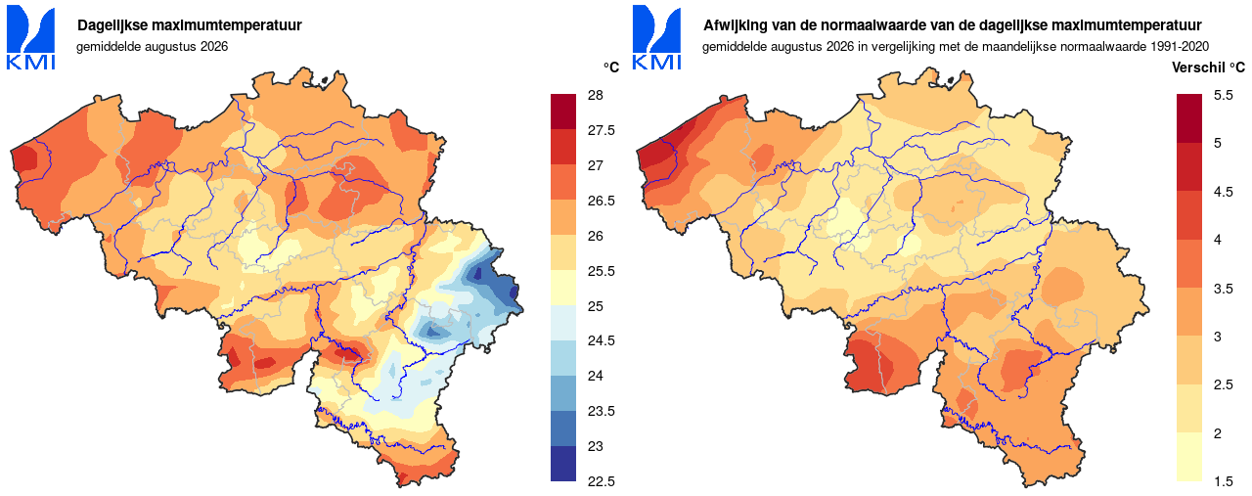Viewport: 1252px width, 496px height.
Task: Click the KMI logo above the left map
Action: pos(30,37)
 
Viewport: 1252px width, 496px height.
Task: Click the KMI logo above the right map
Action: pos(656,37)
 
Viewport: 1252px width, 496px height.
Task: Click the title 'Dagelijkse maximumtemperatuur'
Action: pos(190,25)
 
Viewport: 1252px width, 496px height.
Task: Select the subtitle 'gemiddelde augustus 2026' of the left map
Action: pos(152,46)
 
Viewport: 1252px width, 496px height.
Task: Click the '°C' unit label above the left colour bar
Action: pos(611,68)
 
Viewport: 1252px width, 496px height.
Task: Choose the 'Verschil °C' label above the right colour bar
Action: pos(1208,68)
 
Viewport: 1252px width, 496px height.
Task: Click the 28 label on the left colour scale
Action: pos(596,95)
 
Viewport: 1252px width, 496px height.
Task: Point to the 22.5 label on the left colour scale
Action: pos(601,481)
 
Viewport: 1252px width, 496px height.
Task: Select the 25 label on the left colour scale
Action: pos(596,306)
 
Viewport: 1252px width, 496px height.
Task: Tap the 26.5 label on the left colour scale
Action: pos(601,201)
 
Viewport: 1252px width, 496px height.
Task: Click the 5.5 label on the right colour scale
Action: pos(1224,95)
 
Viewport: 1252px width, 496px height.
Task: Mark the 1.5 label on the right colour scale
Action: pos(1224,481)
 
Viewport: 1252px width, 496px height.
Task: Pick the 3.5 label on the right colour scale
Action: pos(1224,289)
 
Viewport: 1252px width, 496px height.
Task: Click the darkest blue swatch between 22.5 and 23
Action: pos(562,464)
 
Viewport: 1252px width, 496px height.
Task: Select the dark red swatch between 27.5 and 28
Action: pos(562,112)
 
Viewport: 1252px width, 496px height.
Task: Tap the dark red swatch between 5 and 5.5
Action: pos(1188,118)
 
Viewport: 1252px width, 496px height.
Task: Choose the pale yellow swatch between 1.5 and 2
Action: pos(1188,457)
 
